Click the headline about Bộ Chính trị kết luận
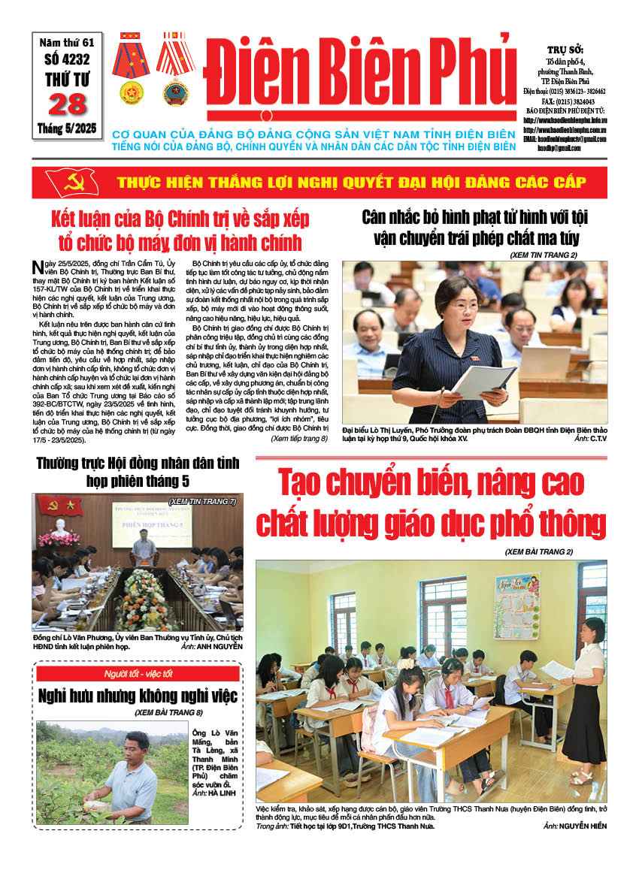coord(180,231)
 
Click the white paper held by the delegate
coord(484,382)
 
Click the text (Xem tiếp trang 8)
coord(298,437)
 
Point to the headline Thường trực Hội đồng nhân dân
coord(138,471)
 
